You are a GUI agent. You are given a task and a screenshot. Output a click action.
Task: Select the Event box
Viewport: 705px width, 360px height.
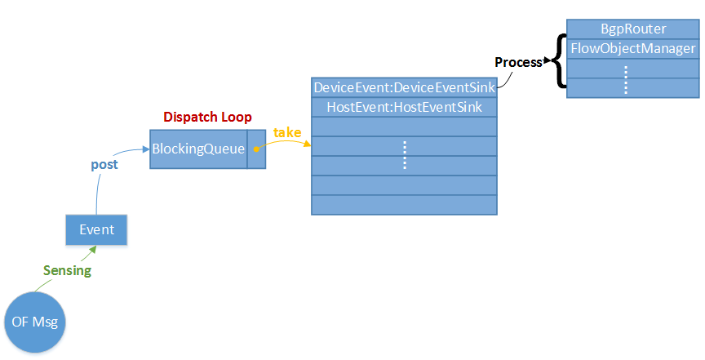[96, 229]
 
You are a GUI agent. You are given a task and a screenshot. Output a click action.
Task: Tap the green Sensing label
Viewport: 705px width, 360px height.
[68, 270]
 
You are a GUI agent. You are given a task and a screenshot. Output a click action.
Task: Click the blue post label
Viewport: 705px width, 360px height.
[104, 164]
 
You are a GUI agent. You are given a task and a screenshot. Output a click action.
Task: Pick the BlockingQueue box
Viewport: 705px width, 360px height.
[198, 149]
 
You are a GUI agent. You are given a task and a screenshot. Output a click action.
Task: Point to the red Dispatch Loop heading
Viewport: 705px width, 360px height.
[208, 116]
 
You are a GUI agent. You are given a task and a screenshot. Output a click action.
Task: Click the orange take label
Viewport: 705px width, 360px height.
[287, 132]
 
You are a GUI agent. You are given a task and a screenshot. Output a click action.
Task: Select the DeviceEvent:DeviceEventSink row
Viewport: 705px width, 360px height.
[404, 87]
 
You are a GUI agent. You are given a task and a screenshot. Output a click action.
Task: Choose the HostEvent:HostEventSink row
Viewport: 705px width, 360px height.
[404, 106]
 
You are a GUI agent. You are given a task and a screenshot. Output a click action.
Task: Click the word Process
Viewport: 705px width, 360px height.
[517, 63]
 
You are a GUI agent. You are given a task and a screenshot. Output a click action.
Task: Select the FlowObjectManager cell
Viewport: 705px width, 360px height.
[632, 48]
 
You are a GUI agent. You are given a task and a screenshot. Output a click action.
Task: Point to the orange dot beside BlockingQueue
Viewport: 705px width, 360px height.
[255, 149]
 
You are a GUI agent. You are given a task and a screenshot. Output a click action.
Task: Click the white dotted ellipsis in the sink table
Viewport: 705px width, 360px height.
[405, 154]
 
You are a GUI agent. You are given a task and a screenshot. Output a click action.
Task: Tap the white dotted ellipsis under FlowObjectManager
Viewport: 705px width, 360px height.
[626, 78]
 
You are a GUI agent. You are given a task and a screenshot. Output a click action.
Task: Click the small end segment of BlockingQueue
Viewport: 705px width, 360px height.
[255, 149]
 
